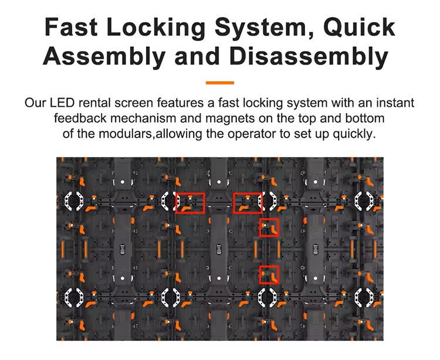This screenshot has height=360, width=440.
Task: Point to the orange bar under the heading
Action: pyautogui.click(x=220, y=83)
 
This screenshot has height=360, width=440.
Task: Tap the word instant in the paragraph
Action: pyautogui.click(x=394, y=103)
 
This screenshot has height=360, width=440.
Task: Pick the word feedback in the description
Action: pyautogui.click(x=79, y=118)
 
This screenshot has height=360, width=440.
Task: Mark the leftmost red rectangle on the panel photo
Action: pyautogui.click(x=190, y=202)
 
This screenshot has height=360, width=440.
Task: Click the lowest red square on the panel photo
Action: pyautogui.click(x=269, y=274)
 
